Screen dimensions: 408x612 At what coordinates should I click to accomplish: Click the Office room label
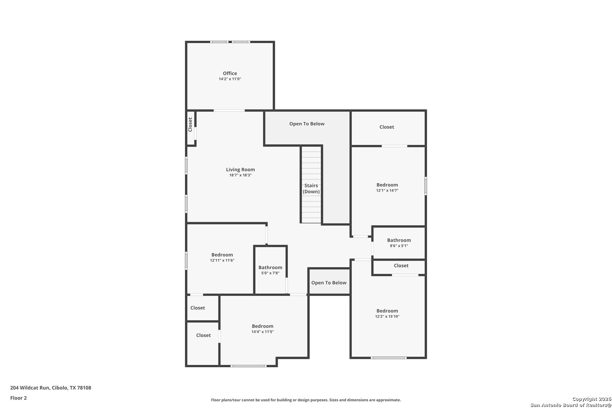230,73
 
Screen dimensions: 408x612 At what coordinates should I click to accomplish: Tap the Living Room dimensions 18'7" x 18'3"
240,175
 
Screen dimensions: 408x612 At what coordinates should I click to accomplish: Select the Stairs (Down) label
311,189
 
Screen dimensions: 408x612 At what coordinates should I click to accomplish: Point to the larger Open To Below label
307,124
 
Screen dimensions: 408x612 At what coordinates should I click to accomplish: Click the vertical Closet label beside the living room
190,125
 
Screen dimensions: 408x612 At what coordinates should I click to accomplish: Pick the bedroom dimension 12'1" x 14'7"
387,190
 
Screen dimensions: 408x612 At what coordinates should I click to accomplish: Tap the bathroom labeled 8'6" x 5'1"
399,240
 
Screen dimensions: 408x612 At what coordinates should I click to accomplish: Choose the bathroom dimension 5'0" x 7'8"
270,273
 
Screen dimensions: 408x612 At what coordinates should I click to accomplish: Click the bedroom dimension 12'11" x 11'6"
222,260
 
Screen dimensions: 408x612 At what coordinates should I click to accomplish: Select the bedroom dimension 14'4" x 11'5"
263,332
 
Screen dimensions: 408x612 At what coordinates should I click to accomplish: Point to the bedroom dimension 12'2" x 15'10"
387,317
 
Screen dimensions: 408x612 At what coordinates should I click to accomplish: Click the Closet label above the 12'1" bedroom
386,127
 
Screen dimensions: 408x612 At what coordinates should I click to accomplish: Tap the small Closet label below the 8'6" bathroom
401,266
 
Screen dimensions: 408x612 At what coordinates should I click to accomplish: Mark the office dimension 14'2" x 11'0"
230,79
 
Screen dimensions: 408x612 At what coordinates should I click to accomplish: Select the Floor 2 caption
19,398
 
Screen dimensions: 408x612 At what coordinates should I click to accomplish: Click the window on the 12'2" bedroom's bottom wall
389,357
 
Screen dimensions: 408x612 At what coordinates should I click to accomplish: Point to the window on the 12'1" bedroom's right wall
426,186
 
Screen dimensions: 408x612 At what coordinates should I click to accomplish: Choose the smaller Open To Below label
329,283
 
